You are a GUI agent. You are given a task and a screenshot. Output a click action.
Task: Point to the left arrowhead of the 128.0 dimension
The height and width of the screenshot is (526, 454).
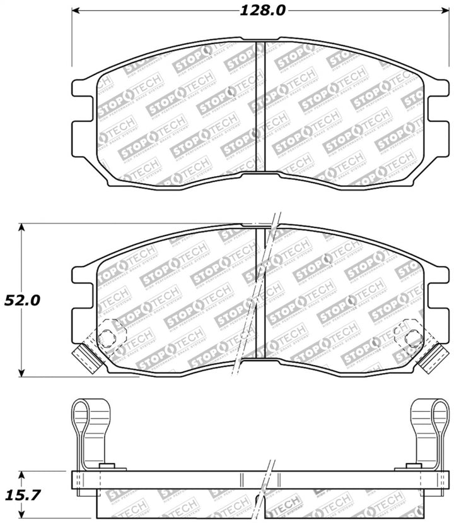pos(75,11)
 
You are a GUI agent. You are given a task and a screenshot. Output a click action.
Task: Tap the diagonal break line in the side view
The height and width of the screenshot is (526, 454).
pos(266,493)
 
